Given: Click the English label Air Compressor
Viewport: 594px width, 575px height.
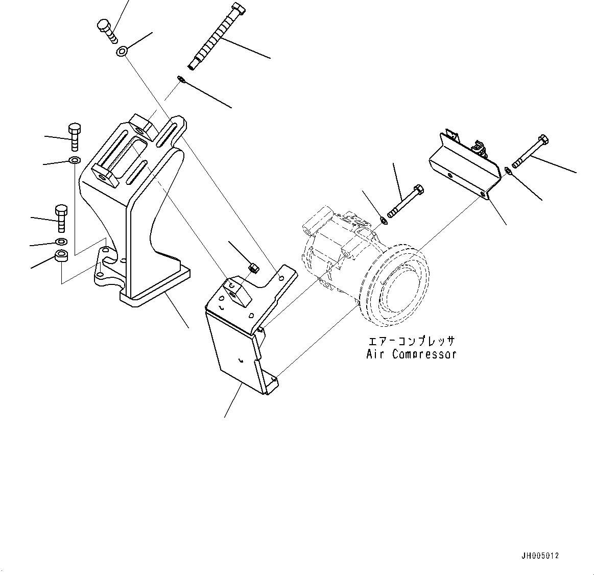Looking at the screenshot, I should click(x=411, y=354).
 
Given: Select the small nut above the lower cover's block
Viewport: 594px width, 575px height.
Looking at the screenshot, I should click(x=252, y=267).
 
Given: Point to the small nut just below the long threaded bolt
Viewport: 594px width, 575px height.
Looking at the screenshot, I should click(x=180, y=79).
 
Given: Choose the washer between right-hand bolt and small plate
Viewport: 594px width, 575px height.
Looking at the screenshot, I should click(x=507, y=171).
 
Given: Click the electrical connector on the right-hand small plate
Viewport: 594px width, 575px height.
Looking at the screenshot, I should click(x=479, y=148).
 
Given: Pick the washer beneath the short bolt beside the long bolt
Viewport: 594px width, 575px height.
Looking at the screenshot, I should click(x=122, y=51).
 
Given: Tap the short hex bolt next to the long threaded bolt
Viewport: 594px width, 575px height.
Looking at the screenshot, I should click(x=106, y=30).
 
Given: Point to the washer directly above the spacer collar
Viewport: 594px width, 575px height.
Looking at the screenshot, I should click(x=61, y=241).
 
